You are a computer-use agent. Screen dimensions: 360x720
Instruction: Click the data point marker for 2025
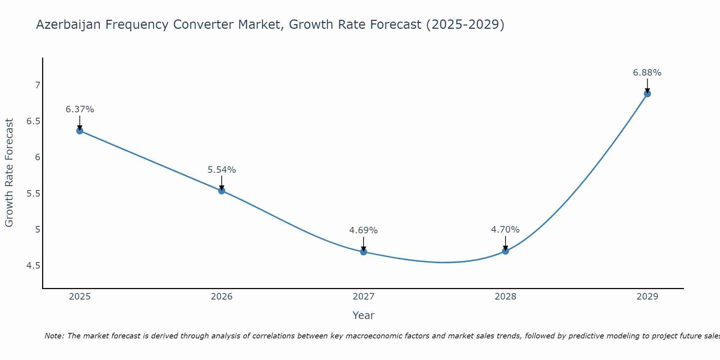[80, 131]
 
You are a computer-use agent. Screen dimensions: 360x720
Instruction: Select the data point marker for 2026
[222, 191]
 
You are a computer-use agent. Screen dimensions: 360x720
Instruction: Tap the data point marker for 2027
[364, 252]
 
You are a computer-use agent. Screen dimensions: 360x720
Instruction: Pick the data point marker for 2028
[505, 251]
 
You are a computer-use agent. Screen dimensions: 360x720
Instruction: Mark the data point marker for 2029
[647, 94]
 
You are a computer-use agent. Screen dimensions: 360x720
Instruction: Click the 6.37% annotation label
[80, 109]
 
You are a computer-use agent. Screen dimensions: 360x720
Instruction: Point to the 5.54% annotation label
[222, 170]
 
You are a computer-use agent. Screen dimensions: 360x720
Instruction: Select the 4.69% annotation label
[364, 230]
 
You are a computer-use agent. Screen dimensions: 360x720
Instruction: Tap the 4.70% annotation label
[505, 230]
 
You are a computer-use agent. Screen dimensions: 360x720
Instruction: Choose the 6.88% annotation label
[647, 73]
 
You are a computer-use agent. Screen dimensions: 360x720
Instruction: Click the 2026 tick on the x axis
[222, 297]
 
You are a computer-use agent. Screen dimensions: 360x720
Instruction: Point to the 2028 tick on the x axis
[505, 297]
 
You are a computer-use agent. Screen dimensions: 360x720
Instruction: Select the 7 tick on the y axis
[37, 85]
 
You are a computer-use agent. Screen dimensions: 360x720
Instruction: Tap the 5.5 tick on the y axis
[33, 194]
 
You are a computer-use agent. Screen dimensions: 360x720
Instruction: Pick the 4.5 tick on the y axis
[33, 266]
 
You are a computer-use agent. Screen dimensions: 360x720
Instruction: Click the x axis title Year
[364, 315]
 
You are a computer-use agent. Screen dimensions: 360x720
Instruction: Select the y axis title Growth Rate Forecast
[9, 173]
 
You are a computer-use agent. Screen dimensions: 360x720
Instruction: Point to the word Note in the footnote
[54, 336]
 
